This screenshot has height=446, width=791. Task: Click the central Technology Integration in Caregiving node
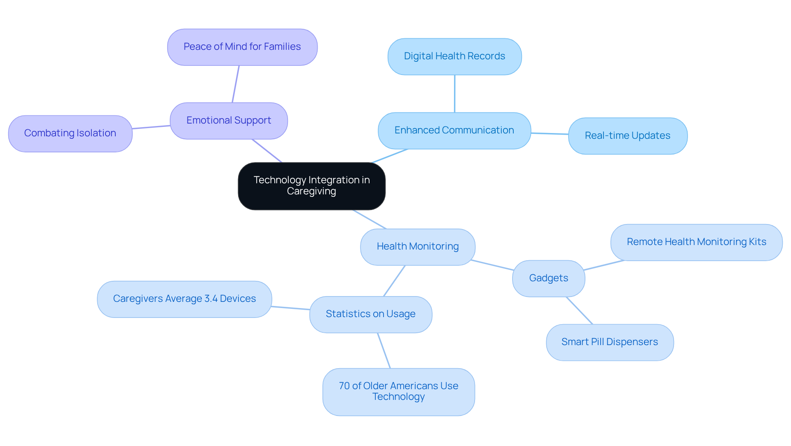(x=311, y=186)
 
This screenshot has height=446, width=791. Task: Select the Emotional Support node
(x=229, y=121)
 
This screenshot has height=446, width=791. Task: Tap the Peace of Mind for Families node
(x=242, y=47)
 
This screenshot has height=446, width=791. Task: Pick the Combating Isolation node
(x=70, y=133)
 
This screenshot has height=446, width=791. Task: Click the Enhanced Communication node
(x=454, y=131)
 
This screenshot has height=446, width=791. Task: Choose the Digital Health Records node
(x=454, y=56)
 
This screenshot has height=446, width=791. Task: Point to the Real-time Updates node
(x=627, y=136)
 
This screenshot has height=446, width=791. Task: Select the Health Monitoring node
(x=417, y=247)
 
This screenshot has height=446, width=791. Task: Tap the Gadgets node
(x=548, y=278)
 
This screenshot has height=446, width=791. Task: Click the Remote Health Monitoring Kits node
(x=696, y=242)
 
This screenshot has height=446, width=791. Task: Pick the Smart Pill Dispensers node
(x=609, y=342)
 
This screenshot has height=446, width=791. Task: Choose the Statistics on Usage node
(x=370, y=314)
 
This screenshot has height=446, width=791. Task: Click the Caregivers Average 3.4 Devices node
(x=184, y=299)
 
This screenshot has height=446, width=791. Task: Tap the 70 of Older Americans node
(x=398, y=392)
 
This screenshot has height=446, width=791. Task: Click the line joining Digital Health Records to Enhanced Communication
(x=454, y=94)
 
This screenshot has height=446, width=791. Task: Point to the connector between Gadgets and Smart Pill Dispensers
(x=580, y=311)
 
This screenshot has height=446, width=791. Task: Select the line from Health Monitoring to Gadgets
(x=493, y=265)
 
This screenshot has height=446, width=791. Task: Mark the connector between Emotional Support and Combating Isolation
(x=151, y=127)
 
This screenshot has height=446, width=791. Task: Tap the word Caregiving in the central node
(x=311, y=191)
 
